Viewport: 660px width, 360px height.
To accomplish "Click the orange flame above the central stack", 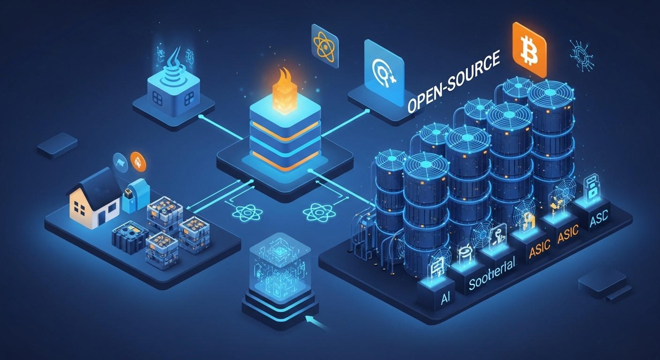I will coord(285,82).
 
